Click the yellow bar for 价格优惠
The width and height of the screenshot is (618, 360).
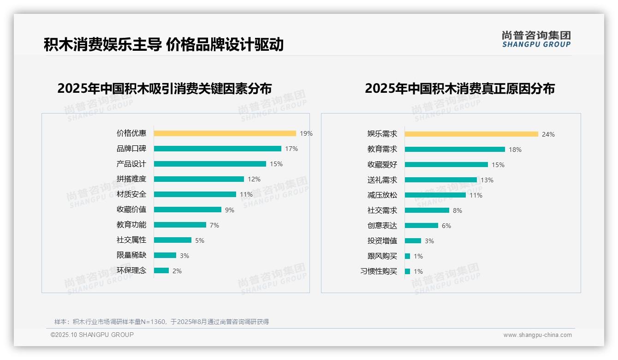[x=225, y=133]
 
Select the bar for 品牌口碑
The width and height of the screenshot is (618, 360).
[x=217, y=149]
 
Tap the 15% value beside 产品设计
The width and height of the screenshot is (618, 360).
[x=276, y=164]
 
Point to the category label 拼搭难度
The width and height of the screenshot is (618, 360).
[x=131, y=179]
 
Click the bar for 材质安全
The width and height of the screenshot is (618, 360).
[x=195, y=194]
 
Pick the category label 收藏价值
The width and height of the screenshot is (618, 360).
[x=131, y=210]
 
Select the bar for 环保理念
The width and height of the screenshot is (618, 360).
[x=161, y=270]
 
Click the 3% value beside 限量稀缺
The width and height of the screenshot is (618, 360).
[x=184, y=256]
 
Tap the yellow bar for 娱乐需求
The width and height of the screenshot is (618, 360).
[x=471, y=134]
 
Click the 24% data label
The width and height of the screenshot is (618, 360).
[x=548, y=134]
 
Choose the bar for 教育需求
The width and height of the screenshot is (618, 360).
[x=455, y=150]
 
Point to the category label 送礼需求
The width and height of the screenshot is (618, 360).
[x=382, y=180]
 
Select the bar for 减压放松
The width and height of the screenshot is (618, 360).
[x=435, y=195]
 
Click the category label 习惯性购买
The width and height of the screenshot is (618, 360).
[x=378, y=271]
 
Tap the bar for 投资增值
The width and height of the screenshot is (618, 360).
[x=413, y=241]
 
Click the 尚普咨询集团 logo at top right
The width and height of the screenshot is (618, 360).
[x=536, y=39]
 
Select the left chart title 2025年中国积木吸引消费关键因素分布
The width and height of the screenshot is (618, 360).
[x=164, y=88]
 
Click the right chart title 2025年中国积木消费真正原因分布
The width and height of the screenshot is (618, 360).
[x=459, y=88]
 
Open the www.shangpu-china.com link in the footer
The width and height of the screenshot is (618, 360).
[x=537, y=335]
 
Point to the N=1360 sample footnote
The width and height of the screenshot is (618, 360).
[x=161, y=322]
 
